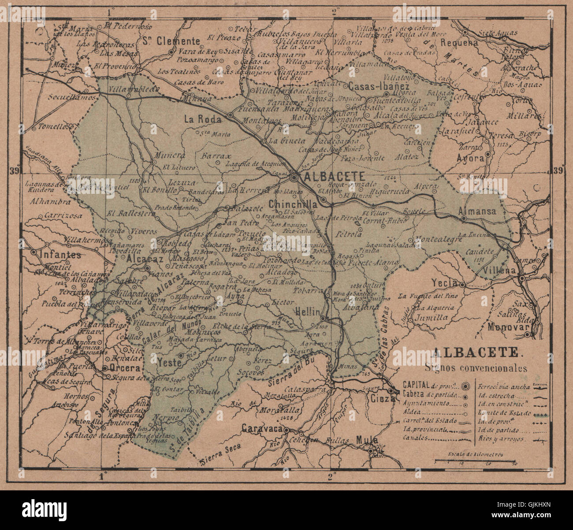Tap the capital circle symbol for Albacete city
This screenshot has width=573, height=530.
294,177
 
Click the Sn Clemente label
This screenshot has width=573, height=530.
171,41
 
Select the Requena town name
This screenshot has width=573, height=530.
459,43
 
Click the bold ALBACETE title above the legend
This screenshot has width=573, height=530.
475,352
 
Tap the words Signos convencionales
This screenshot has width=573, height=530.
475,367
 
